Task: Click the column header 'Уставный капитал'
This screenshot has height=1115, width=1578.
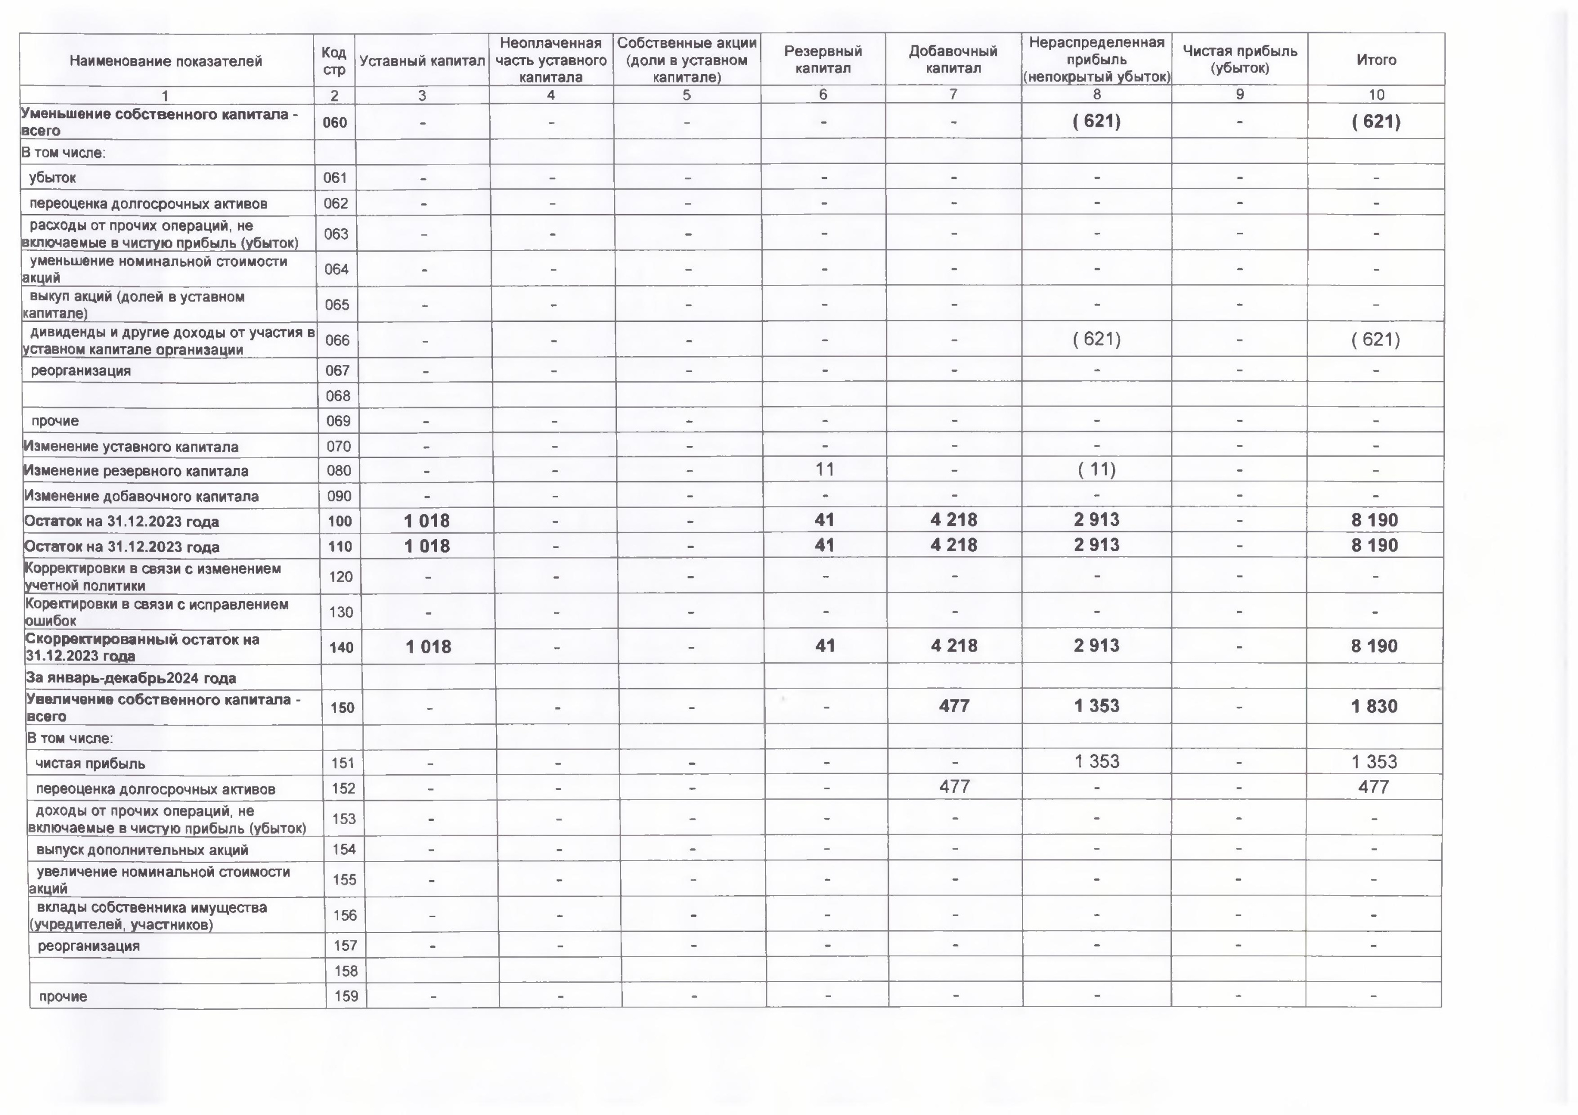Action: pyautogui.click(x=422, y=60)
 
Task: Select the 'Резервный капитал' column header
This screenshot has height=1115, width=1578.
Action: pyautogui.click(x=823, y=60)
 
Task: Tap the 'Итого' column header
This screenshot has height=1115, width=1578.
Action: pyautogui.click(x=1376, y=60)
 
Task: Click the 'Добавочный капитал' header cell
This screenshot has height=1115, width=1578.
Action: pyautogui.click(x=953, y=60)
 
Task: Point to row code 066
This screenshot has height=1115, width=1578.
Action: pyautogui.click(x=337, y=340)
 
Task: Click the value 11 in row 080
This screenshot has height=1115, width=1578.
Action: pyautogui.click(x=824, y=470)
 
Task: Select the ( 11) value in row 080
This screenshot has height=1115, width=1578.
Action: pyautogui.click(x=1096, y=470)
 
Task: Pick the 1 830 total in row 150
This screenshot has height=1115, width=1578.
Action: pyautogui.click(x=1374, y=706)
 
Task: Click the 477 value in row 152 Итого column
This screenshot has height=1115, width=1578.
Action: pyautogui.click(x=1373, y=787)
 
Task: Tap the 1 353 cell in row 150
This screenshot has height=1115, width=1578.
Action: pyautogui.click(x=1096, y=706)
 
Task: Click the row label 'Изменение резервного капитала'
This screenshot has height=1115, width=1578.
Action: pyautogui.click(x=136, y=471)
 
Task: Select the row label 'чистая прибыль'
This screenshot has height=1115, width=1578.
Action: pyautogui.click(x=90, y=763)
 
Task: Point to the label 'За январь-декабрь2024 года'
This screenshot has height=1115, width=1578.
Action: pyautogui.click(x=130, y=678)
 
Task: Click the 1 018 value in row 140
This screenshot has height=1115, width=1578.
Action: pyautogui.click(x=428, y=646)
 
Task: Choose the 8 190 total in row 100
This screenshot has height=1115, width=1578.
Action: pyautogui.click(x=1374, y=521)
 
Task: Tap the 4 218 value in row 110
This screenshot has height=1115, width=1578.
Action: pyautogui.click(x=953, y=545)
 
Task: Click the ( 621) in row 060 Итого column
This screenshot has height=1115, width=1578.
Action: pyautogui.click(x=1375, y=121)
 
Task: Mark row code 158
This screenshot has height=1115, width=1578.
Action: pyautogui.click(x=345, y=971)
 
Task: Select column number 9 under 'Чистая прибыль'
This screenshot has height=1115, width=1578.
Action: pyautogui.click(x=1239, y=95)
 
